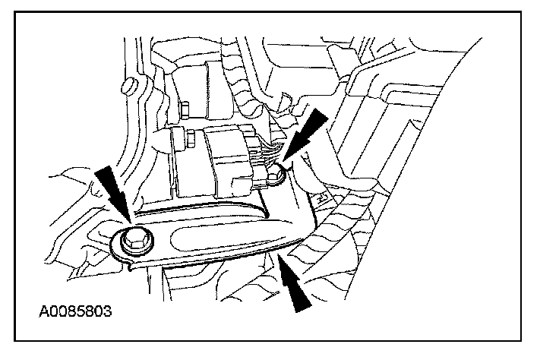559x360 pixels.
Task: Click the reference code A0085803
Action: coord(74,311)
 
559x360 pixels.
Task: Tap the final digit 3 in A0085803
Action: coord(108,311)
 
